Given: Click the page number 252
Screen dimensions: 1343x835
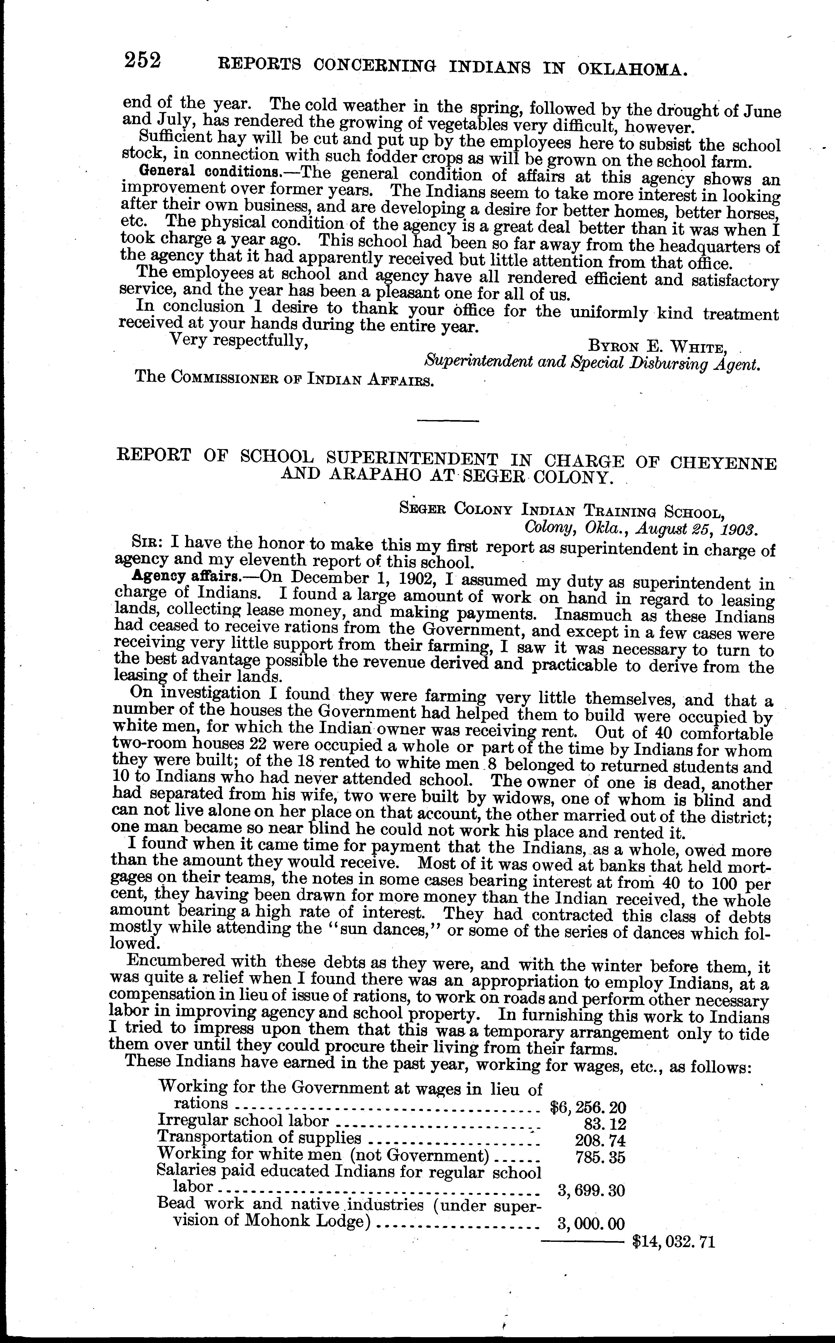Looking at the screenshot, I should (x=142, y=60).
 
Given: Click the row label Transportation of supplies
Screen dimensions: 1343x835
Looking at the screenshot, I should (x=260, y=1137).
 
